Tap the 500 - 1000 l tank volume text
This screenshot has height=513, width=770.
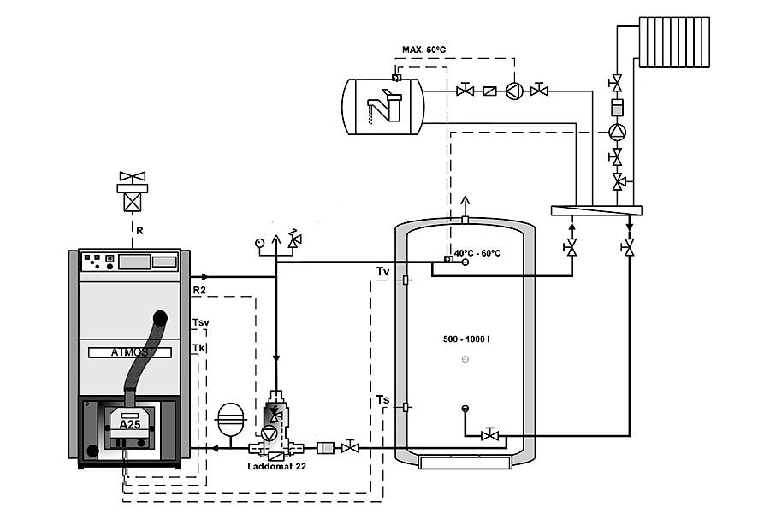click(466, 339)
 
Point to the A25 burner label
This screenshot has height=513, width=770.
click(129, 424)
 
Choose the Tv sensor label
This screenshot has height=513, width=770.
click(383, 272)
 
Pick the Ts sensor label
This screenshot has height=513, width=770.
click(382, 399)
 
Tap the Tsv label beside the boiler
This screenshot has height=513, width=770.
click(201, 322)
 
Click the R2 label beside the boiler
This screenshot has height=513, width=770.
click(198, 291)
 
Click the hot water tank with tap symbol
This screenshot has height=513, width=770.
click(383, 106)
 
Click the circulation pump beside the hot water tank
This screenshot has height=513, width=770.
click(513, 91)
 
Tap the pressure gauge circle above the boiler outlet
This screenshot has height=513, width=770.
click(259, 242)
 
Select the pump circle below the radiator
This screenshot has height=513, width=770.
click(616, 132)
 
